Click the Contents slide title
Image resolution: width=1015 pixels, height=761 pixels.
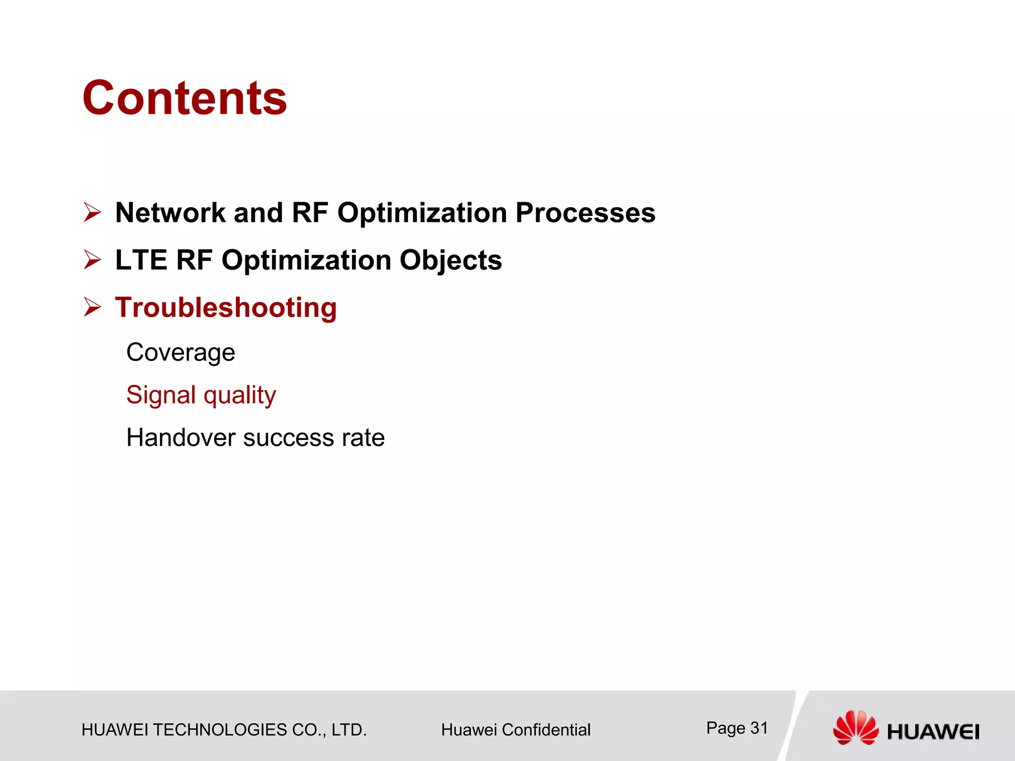point(184,98)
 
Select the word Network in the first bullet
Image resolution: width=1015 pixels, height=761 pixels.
point(170,213)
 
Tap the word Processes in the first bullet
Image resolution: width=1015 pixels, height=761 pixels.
point(585,213)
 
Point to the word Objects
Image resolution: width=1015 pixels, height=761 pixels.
point(451,261)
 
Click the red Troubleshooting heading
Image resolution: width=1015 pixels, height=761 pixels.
point(226,308)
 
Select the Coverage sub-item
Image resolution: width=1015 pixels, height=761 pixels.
point(181,353)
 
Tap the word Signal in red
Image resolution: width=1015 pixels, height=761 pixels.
point(161,395)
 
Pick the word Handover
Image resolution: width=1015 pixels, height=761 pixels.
point(181,438)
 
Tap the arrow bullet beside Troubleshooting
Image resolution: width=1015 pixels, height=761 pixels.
point(92,307)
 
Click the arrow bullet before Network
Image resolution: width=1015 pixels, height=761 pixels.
point(92,213)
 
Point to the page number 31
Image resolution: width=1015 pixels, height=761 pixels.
point(759,728)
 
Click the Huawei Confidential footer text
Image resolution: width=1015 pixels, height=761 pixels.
point(515,730)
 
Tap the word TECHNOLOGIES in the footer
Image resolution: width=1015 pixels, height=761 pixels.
point(220,730)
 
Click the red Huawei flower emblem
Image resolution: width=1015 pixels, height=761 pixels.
point(855,727)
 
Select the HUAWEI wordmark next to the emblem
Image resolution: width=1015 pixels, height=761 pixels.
point(933,732)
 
